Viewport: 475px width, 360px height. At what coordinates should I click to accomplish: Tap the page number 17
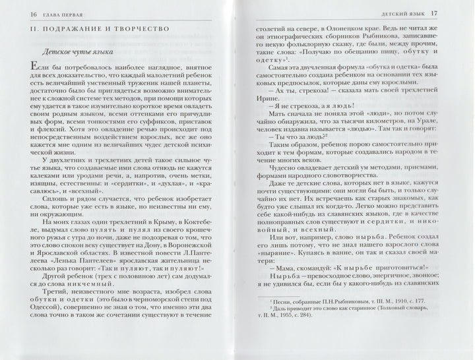[453, 13]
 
